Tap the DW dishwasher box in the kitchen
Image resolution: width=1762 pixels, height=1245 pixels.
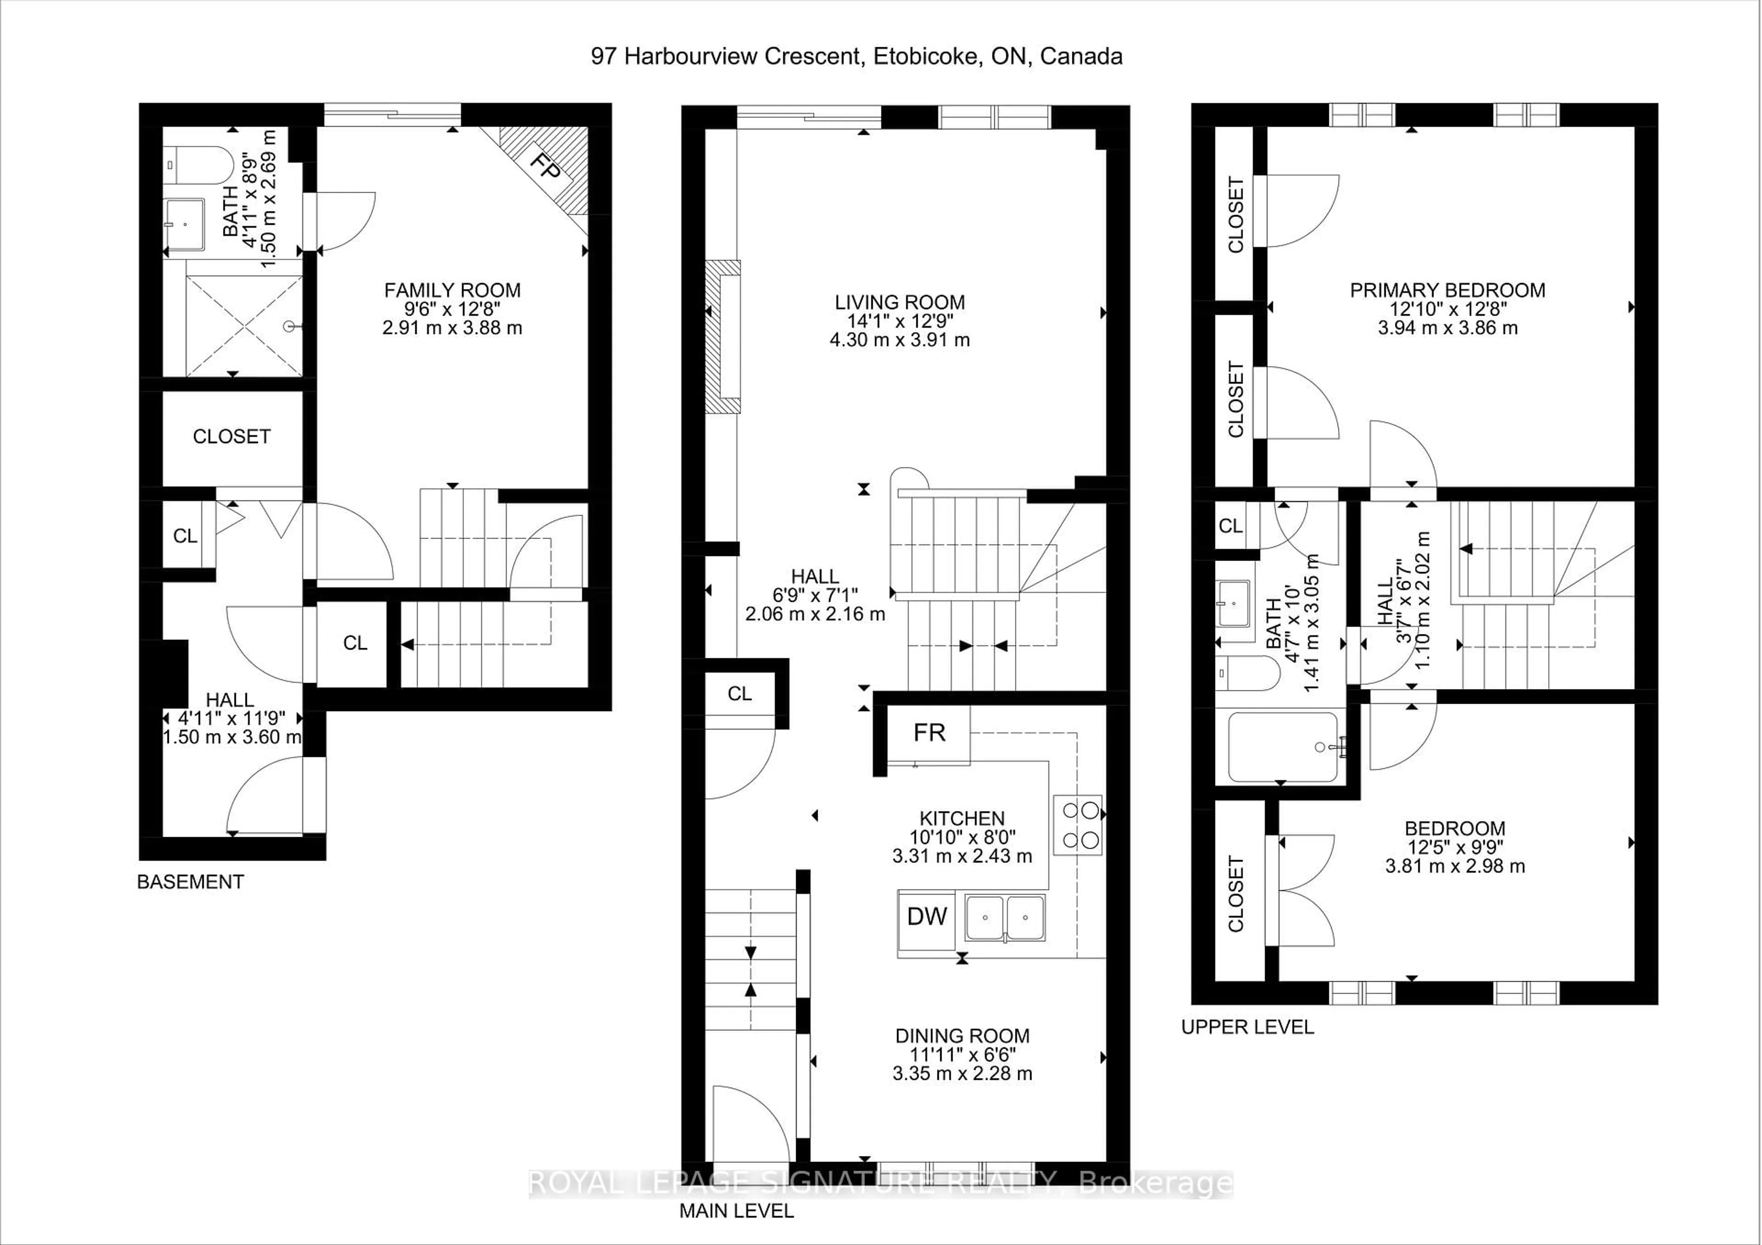(926, 916)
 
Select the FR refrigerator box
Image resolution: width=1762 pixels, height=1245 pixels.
(929, 734)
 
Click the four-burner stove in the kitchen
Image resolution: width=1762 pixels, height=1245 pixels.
(1077, 825)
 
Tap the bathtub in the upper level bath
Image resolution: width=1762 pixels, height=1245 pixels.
(1282, 747)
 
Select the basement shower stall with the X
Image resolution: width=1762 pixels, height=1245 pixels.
(244, 327)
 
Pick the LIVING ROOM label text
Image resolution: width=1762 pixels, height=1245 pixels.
(899, 302)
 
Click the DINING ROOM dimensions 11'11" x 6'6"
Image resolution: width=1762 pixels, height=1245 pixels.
(962, 1055)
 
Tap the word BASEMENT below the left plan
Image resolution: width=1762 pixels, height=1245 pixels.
(190, 882)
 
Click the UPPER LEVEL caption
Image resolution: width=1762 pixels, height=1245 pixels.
(1247, 1027)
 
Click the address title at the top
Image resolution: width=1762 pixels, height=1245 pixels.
(856, 56)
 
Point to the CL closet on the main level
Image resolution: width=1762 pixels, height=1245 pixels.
(739, 694)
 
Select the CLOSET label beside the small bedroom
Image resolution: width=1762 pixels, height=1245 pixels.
(1236, 894)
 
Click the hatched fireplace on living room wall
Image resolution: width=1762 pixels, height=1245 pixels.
(722, 338)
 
